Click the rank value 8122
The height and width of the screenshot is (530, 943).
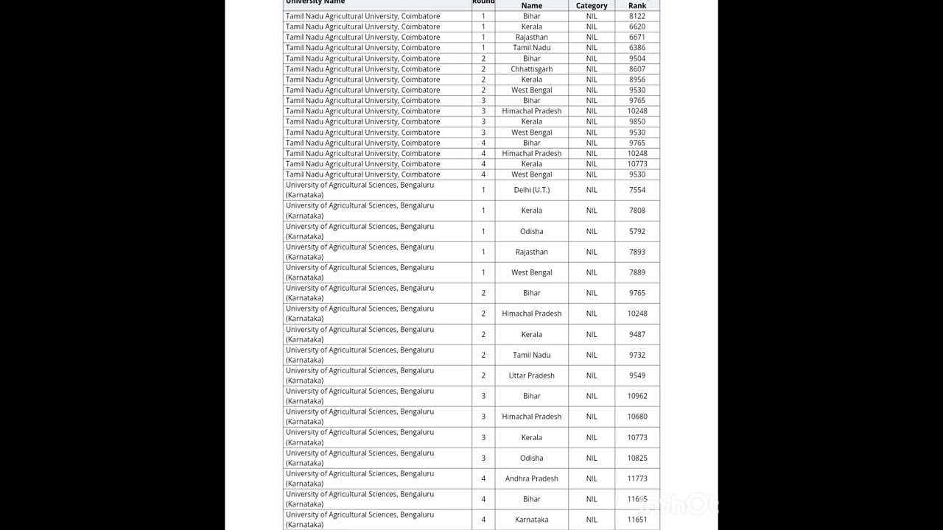[x=637, y=16]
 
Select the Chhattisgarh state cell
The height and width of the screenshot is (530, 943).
[x=531, y=69]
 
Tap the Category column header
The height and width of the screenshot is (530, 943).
[x=592, y=6]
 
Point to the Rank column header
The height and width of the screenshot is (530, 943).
[x=637, y=6]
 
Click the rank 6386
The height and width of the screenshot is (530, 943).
[x=637, y=48]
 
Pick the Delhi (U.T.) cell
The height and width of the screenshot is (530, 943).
[x=531, y=190]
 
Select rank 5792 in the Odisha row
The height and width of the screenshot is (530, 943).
[x=637, y=231]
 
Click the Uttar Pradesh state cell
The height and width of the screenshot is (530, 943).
[x=531, y=375]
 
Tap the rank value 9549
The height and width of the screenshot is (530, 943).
[x=637, y=375]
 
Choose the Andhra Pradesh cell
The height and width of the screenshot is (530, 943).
[x=531, y=478]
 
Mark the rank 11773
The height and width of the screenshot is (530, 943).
[x=637, y=478]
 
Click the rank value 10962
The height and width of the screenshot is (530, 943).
[x=637, y=396]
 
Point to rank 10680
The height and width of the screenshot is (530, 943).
[x=637, y=417]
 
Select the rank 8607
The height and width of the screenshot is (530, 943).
[x=637, y=69]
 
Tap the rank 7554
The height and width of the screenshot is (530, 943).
[x=637, y=190]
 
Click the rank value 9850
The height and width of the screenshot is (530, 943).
[x=637, y=121]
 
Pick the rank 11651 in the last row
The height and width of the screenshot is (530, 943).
[x=637, y=520]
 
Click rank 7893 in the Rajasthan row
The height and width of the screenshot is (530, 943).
[x=637, y=252]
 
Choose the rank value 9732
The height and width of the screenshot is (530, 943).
[x=637, y=355]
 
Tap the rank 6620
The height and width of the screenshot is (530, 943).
[x=637, y=26]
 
